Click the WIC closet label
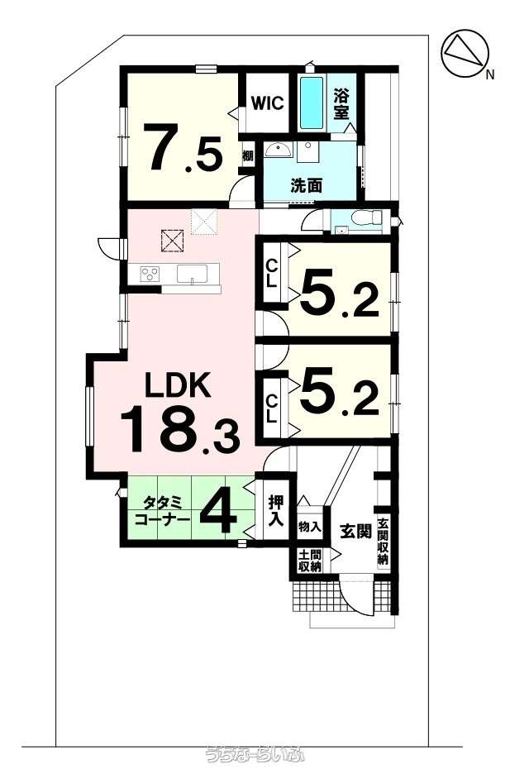(x=267, y=103)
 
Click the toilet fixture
(x=364, y=219)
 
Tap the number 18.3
(x=179, y=427)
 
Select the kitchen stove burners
(x=150, y=273)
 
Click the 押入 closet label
(x=275, y=511)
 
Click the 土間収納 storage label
(x=309, y=561)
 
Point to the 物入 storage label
(x=309, y=526)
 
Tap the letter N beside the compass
(x=490, y=75)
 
